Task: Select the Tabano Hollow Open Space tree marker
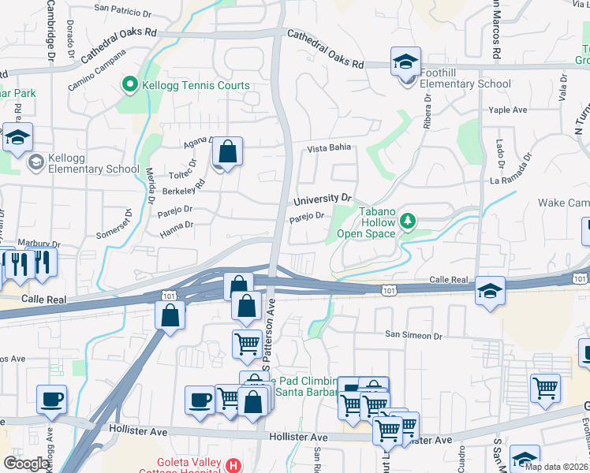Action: pos(408,220)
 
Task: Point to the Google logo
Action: pos(27,464)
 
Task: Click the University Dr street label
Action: pos(321,199)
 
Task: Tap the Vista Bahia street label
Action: pos(327,148)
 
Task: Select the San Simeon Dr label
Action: pos(413,335)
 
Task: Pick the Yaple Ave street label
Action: pos(508,110)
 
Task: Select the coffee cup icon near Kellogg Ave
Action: pos(52,399)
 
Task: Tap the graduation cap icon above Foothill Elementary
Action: pos(405,61)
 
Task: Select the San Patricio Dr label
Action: pos(122,12)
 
